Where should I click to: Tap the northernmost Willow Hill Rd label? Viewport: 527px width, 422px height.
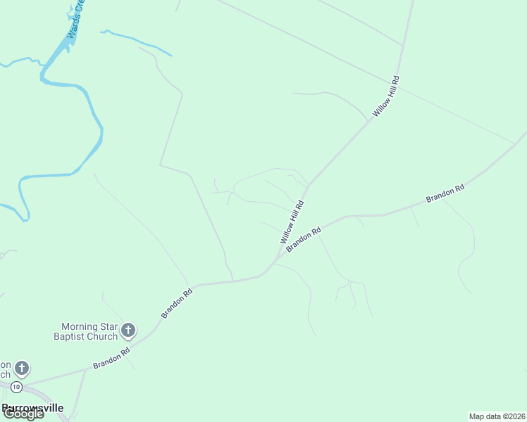(x=386, y=96)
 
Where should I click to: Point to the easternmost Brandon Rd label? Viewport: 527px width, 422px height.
(x=445, y=194)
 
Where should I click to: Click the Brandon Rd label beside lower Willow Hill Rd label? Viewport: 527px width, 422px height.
(x=304, y=238)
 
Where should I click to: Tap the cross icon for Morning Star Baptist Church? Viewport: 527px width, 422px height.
(x=128, y=329)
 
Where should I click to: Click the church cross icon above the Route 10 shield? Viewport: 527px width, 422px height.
(x=22, y=368)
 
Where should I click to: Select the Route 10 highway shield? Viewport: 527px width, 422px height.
(x=16, y=387)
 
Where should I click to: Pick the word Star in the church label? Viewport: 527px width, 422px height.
(x=108, y=326)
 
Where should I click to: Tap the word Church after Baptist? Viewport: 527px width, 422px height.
(x=103, y=336)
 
